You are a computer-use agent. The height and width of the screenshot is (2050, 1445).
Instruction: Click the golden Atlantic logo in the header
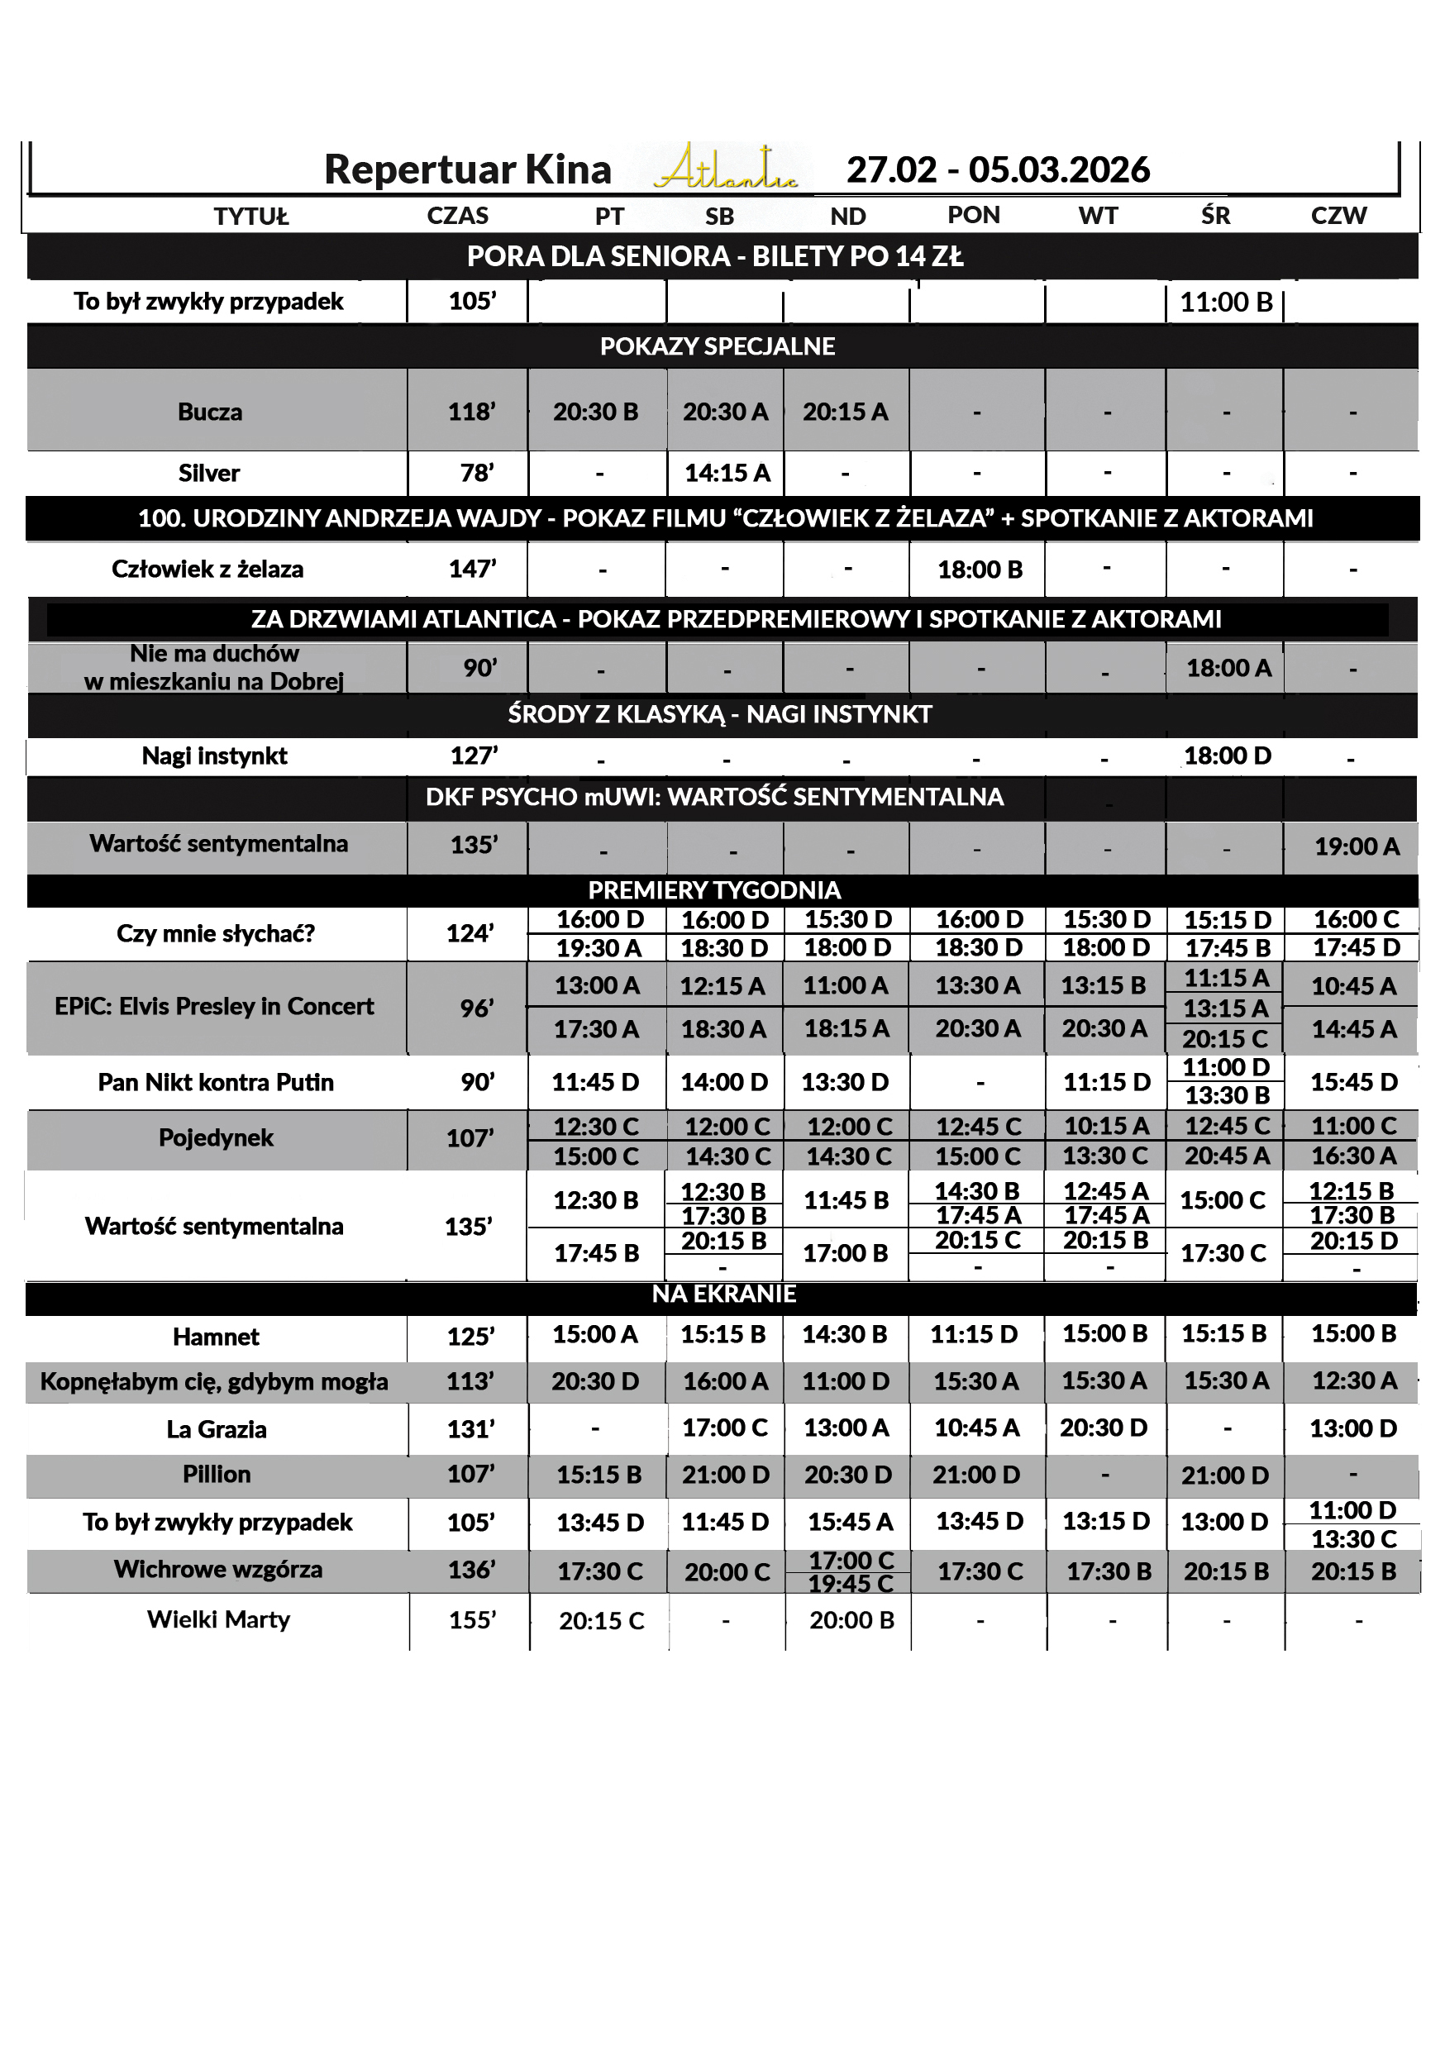pyautogui.click(x=725, y=169)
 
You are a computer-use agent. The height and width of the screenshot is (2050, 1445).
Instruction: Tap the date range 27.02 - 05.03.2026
pyautogui.click(x=998, y=169)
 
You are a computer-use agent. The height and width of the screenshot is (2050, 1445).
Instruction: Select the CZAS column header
pyautogui.click(x=457, y=216)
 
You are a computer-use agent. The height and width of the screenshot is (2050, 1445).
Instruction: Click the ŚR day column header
pyautogui.click(x=1214, y=216)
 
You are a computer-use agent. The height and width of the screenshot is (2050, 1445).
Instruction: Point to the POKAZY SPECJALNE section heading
pyautogui.click(x=718, y=346)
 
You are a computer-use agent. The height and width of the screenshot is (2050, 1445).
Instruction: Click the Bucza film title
pyautogui.click(x=210, y=412)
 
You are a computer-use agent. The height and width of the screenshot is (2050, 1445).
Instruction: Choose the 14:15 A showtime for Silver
pyautogui.click(x=727, y=472)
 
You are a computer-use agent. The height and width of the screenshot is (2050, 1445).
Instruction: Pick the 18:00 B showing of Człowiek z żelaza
pyautogui.click(x=980, y=570)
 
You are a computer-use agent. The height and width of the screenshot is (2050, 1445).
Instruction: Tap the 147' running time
pyautogui.click(x=473, y=569)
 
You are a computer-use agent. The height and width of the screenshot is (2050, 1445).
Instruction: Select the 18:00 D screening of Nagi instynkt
pyautogui.click(x=1227, y=756)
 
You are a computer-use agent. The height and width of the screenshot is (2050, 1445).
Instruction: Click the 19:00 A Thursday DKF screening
pyautogui.click(x=1356, y=846)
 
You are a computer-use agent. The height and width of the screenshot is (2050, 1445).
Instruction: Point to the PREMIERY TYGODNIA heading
pyautogui.click(x=714, y=890)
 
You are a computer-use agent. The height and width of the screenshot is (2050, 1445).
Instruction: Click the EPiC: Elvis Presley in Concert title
pyautogui.click(x=214, y=1006)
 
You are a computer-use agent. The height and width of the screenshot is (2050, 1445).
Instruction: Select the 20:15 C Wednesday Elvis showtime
pyautogui.click(x=1225, y=1039)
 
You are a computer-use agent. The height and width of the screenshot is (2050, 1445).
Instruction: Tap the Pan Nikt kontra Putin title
pyautogui.click(x=215, y=1082)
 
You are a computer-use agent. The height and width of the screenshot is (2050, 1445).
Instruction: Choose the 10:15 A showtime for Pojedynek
pyautogui.click(x=1105, y=1126)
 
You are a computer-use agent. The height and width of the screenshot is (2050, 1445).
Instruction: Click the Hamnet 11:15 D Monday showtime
pyautogui.click(x=974, y=1334)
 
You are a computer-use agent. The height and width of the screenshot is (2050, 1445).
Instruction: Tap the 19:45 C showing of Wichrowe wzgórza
pyautogui.click(x=851, y=1583)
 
